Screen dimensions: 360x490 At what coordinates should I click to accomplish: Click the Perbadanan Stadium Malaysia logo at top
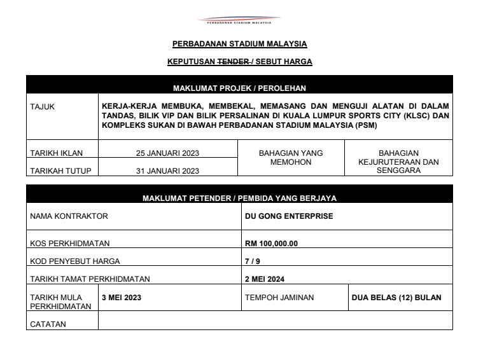(x=239, y=20)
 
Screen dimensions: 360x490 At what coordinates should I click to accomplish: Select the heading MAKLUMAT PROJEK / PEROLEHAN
(x=239, y=88)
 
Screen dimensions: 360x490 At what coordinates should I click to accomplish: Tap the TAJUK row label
(x=43, y=107)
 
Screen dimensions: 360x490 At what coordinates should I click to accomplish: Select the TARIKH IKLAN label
(x=57, y=153)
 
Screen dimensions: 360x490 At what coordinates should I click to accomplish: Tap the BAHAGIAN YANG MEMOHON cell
(x=291, y=158)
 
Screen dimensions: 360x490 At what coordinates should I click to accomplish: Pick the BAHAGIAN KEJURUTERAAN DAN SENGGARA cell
(x=398, y=162)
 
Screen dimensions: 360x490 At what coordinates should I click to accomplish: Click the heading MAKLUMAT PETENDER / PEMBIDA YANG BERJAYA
(x=239, y=198)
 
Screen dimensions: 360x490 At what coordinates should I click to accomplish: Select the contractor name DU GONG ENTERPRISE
(x=289, y=216)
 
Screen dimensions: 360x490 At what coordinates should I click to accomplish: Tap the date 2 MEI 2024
(x=265, y=278)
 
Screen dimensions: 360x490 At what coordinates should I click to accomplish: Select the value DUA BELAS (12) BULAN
(x=396, y=297)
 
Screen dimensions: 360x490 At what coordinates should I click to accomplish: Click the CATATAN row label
(x=48, y=324)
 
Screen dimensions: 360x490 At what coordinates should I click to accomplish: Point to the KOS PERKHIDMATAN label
(x=70, y=244)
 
